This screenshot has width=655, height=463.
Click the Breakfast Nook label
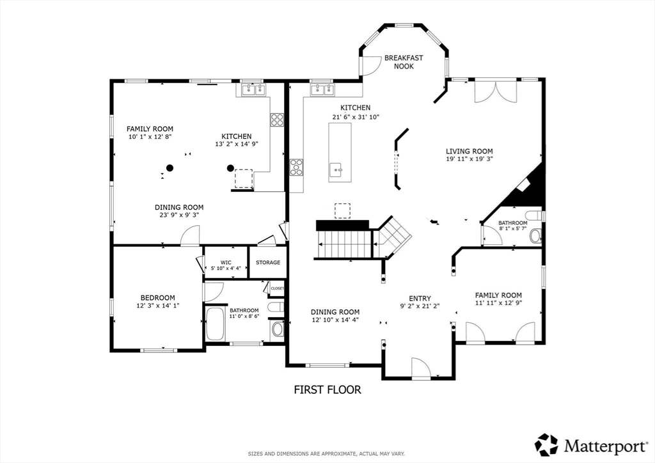[404, 62]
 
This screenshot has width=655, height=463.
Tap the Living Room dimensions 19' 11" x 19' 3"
[469, 159]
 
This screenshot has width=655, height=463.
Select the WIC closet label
[226, 263]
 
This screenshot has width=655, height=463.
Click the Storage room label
[268, 263]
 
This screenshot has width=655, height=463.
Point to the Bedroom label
[157, 297]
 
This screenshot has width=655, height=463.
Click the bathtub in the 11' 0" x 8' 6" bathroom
[216, 324]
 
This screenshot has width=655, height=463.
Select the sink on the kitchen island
[336, 170]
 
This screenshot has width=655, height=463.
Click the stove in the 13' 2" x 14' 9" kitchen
[277, 120]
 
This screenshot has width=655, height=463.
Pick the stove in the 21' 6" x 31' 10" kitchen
[297, 167]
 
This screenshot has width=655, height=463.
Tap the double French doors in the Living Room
[496, 91]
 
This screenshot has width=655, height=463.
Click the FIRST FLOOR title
[327, 390]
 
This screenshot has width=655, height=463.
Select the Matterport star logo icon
[546, 444]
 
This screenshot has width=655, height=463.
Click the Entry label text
[420, 298]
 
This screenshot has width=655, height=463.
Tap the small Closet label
[277, 288]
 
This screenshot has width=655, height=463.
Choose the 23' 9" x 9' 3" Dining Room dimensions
[179, 215]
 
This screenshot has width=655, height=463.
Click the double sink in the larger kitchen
[322, 90]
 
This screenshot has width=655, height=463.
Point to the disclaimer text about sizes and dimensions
[326, 453]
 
